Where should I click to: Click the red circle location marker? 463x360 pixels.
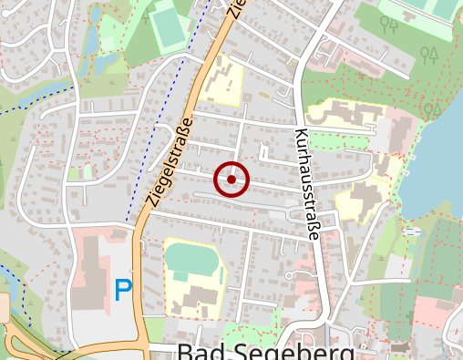coord(231,180)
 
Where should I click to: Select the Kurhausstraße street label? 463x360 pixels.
coord(305,183)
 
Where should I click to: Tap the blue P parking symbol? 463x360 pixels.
coord(123,291)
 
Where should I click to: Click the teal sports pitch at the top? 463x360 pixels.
coord(169,25)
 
